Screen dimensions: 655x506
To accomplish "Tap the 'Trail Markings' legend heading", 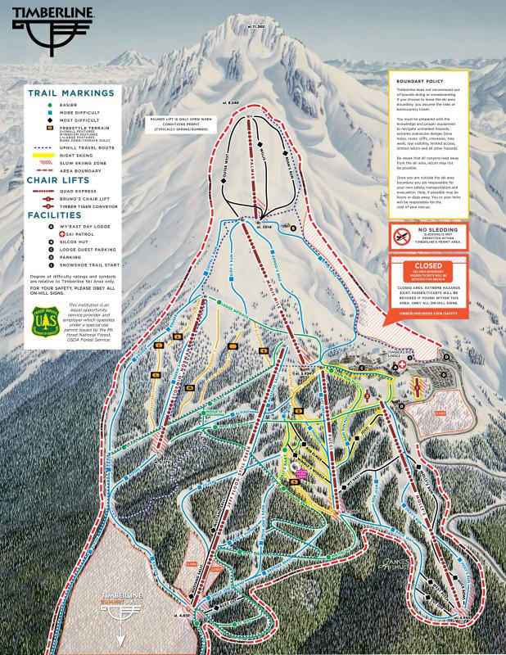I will point(72,93).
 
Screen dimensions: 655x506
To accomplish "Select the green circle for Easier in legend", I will point(51,105).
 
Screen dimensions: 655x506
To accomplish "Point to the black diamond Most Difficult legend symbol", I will point(51,120).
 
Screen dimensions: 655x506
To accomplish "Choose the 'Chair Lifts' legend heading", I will point(61,180).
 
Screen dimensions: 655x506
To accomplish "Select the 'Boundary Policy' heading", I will point(418,83).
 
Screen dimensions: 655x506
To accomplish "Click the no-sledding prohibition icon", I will point(401,237).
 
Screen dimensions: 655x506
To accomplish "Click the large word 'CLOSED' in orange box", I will point(429,265).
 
